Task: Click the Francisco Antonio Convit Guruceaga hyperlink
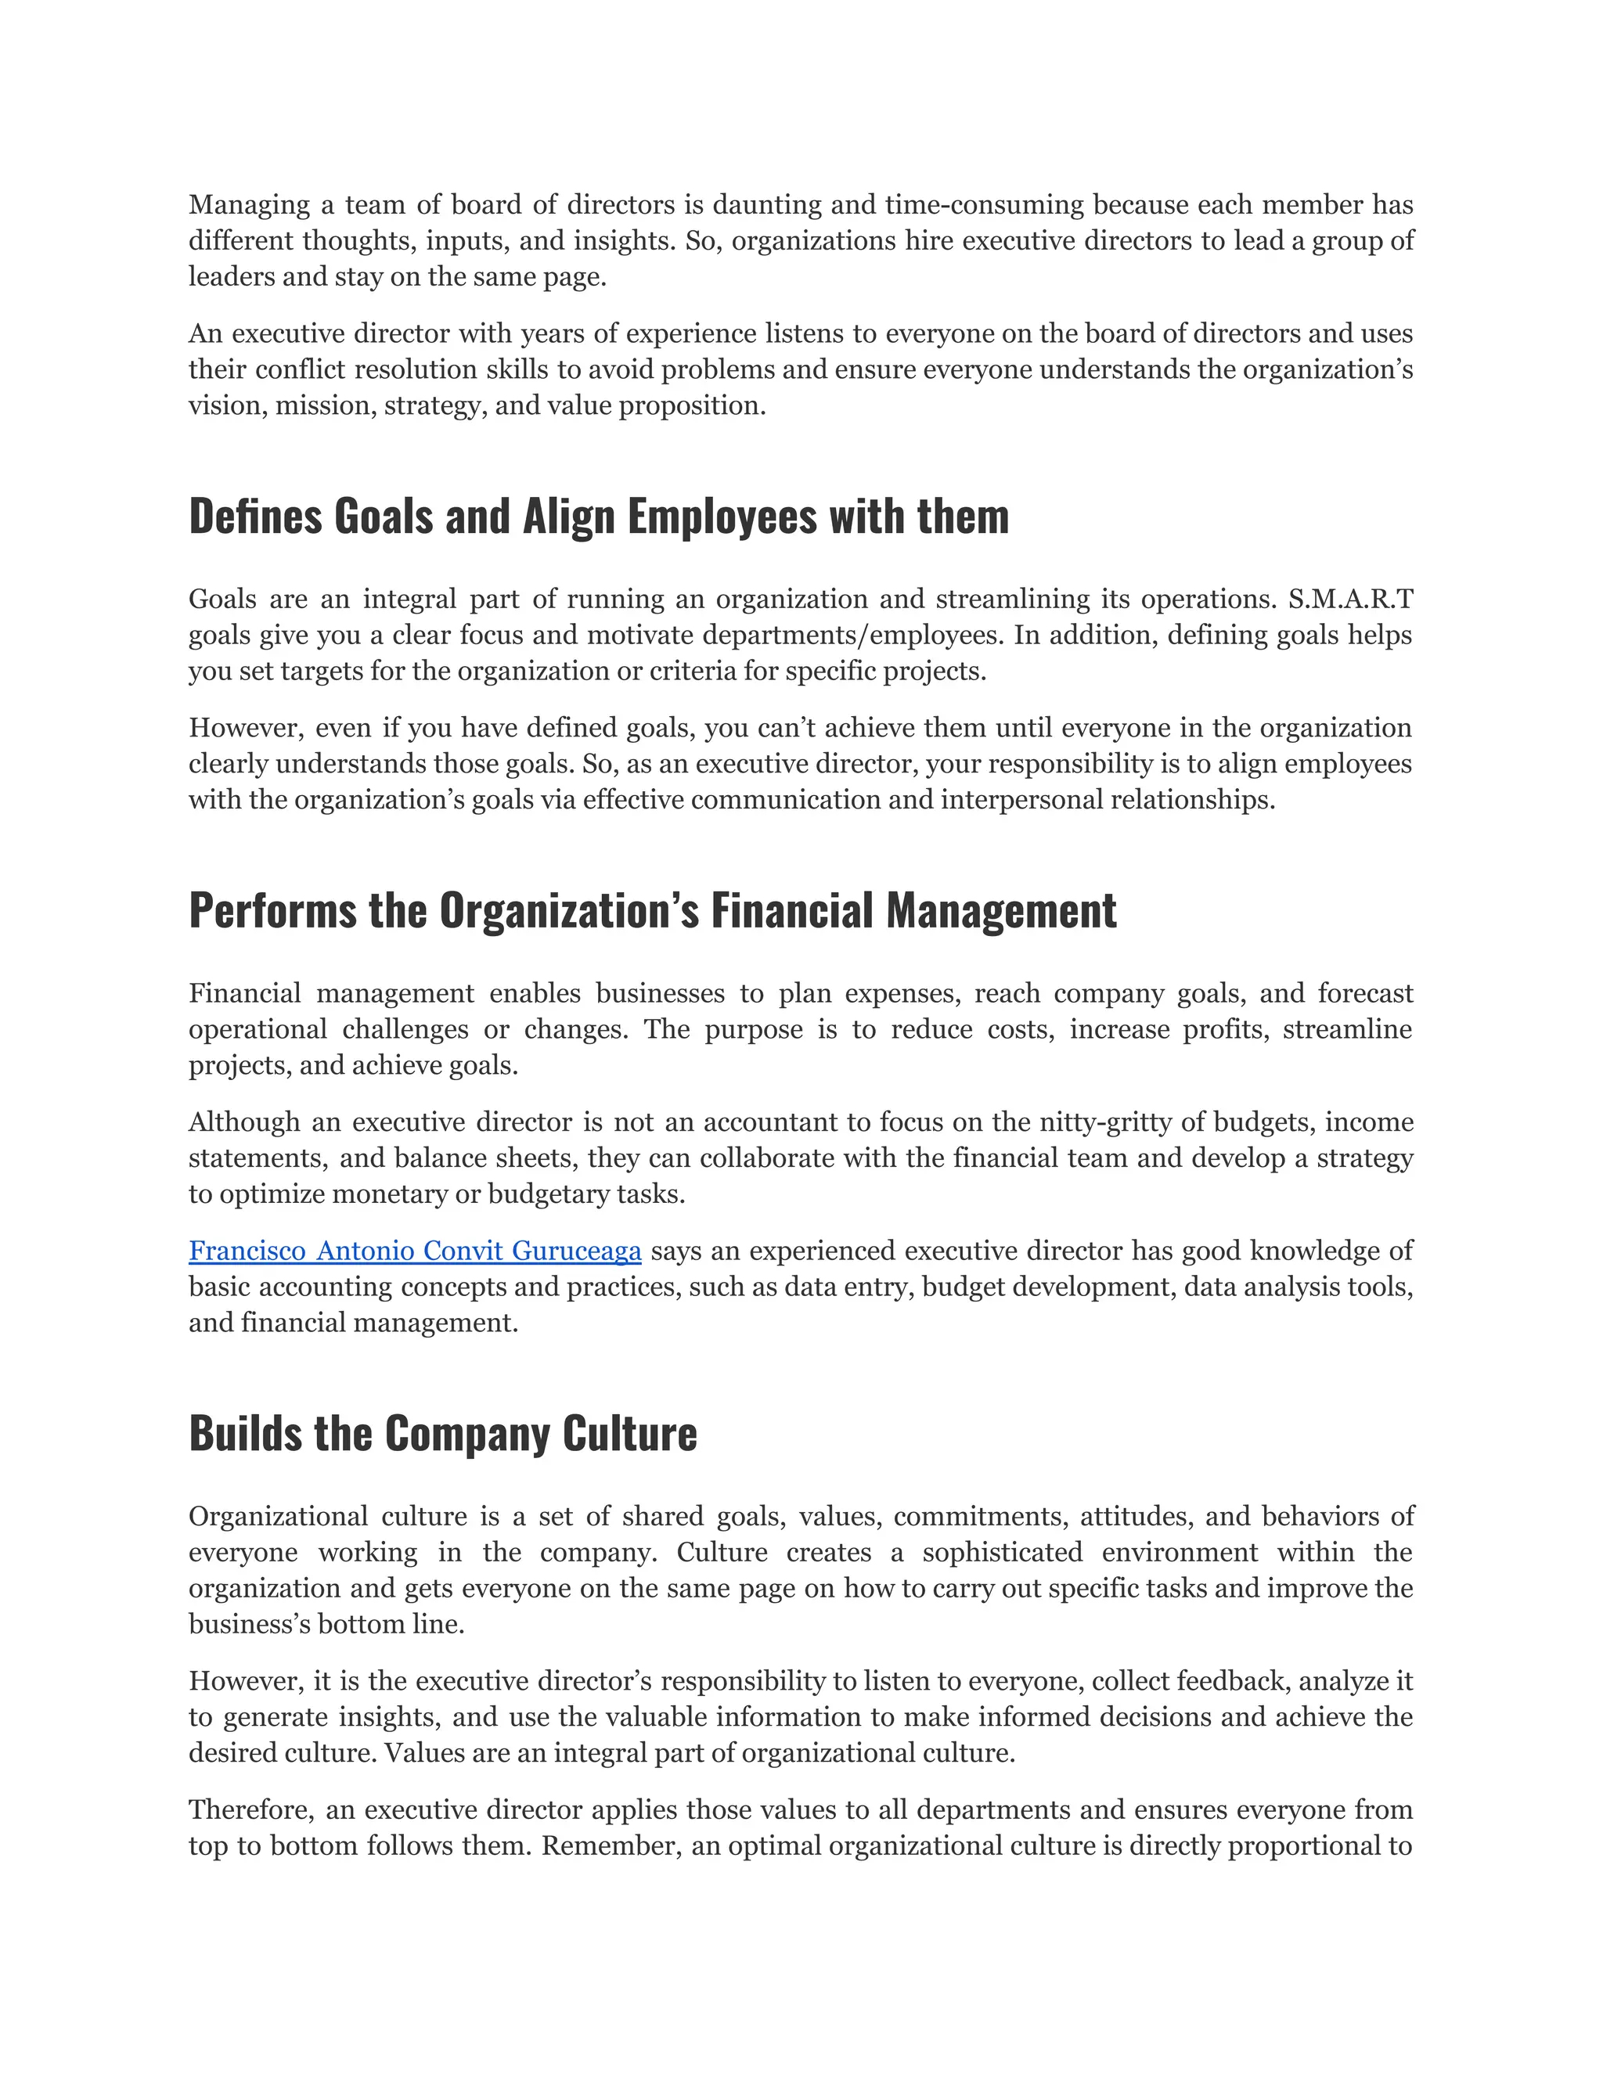pos(415,1251)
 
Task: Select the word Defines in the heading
pos(255,517)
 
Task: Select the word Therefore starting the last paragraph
pos(250,1810)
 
